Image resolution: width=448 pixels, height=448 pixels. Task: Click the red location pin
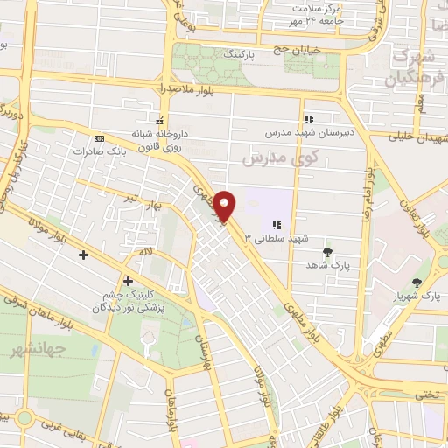226,206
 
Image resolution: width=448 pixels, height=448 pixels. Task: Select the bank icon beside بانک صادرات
98,137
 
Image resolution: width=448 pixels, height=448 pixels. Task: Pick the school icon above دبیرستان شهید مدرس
308,119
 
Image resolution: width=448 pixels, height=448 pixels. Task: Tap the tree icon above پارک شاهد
328,252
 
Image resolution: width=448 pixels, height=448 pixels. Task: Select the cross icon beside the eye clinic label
129,281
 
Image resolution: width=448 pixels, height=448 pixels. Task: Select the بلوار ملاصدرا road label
165,90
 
